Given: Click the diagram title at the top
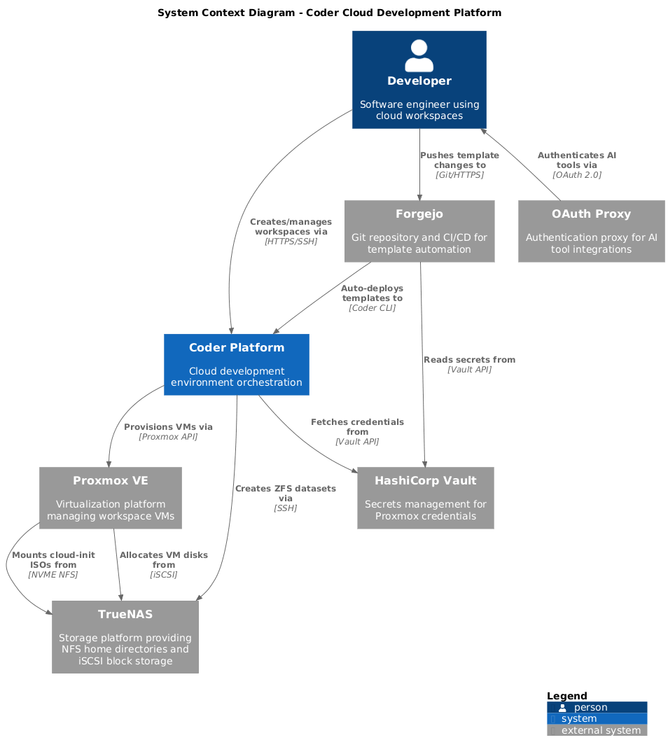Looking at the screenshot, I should (329, 13).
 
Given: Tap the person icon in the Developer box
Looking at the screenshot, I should (419, 55).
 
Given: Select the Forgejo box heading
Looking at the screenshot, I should (419, 214).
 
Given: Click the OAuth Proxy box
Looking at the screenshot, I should (591, 231).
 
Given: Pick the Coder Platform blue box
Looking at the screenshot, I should (237, 365).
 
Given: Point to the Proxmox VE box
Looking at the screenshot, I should (111, 498).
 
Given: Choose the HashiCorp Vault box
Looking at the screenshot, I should (426, 498).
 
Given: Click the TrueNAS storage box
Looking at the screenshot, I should (125, 636).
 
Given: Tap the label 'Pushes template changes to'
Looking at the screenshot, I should (459, 160).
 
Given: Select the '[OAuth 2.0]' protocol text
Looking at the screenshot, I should (577, 174).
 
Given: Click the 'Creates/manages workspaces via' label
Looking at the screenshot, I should (291, 226).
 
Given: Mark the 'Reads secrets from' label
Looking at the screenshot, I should (469, 360).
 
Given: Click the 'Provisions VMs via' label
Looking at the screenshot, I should (168, 426).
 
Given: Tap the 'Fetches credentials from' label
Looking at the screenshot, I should (357, 427).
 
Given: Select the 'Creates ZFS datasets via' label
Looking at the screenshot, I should (286, 493).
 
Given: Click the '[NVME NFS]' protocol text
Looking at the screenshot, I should (53, 574).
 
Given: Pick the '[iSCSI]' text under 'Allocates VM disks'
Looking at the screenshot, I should (164, 574).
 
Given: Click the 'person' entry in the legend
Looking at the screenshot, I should (591, 707).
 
